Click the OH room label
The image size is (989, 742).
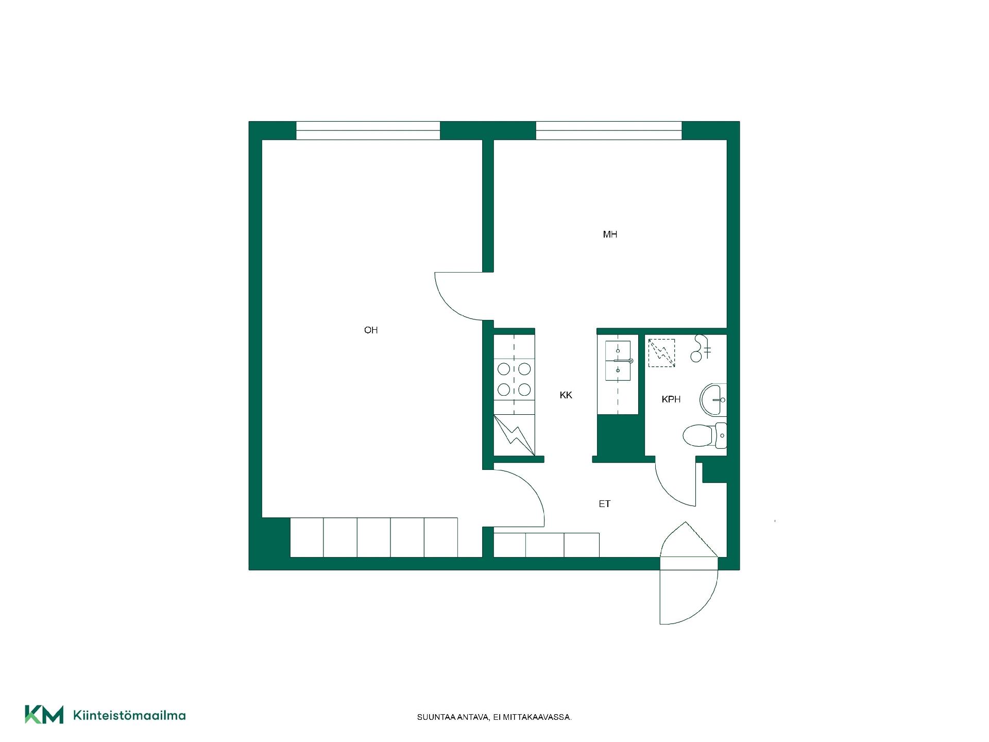click(x=371, y=330)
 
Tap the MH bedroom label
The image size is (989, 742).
click(x=610, y=234)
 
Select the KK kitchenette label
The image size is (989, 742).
click(x=566, y=395)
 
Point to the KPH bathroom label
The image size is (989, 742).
click(x=671, y=399)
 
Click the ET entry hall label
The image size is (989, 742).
click(x=605, y=504)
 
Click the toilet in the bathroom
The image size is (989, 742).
click(x=705, y=435)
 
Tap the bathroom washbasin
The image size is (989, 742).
click(x=713, y=400)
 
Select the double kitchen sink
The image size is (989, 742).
click(x=618, y=361)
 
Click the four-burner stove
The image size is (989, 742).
click(x=514, y=379)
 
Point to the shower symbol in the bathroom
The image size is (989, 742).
click(x=701, y=348)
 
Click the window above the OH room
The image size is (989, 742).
click(x=368, y=130)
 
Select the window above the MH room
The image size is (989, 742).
click(x=609, y=130)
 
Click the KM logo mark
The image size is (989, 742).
click(x=44, y=715)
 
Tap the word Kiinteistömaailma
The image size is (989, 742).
click(x=129, y=715)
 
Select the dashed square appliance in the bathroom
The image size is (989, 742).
click(x=661, y=353)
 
